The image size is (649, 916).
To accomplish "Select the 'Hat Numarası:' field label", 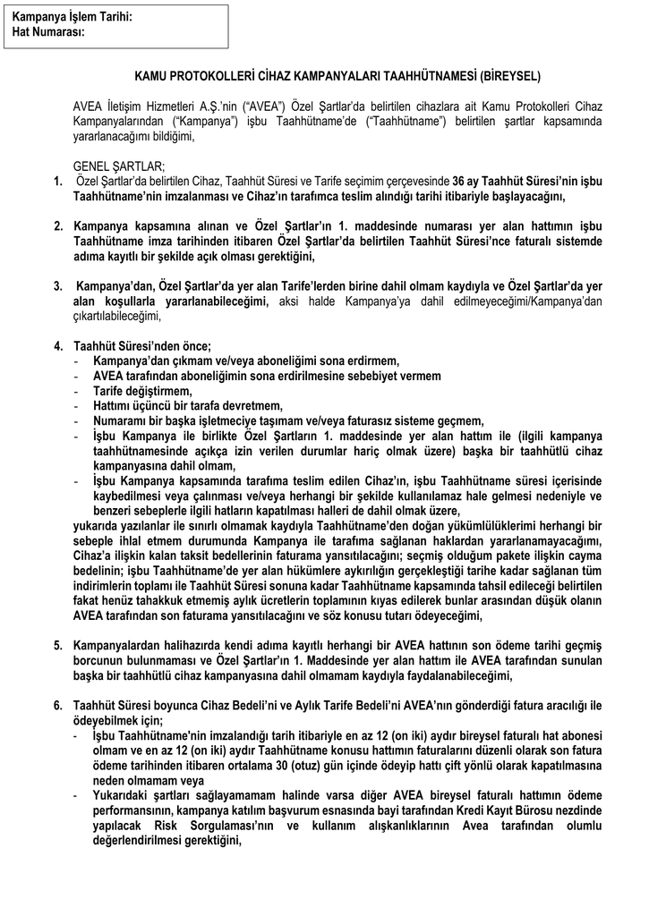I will pos(48,31).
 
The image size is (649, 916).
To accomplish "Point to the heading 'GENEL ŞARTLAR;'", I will pos(118,165).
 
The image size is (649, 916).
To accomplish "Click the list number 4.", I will pos(58,347).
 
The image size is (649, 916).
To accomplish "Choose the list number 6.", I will pos(58,707).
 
